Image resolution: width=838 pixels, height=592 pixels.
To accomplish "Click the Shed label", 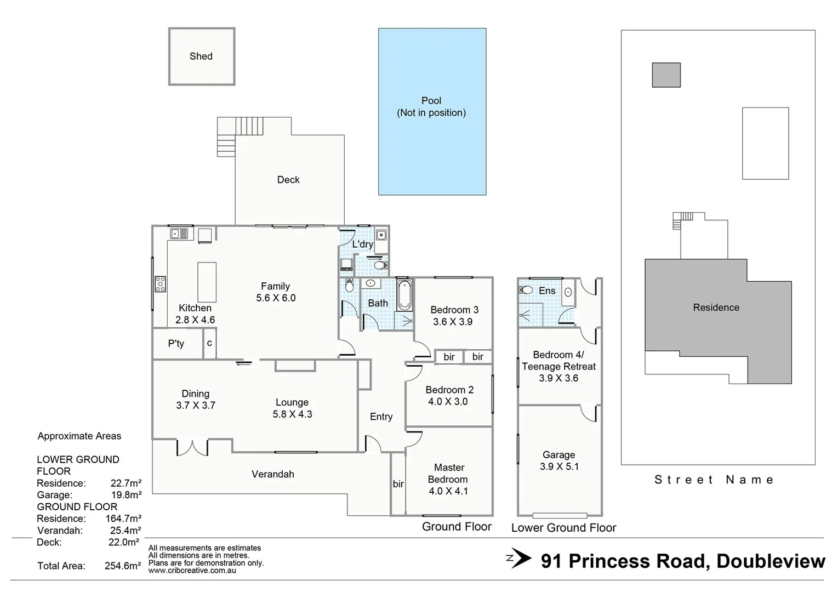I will tap(201, 56).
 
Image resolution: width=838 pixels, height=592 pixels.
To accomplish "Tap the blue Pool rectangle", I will tap(432, 148).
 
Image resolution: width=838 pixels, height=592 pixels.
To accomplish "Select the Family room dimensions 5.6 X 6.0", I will tap(276, 298).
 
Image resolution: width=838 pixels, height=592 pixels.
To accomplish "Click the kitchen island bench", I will tap(207, 282).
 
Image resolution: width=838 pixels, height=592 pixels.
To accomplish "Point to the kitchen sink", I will tap(179, 234).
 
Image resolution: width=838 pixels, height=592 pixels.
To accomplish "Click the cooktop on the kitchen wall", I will tap(161, 284).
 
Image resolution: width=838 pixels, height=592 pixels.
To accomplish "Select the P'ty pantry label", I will tap(176, 344).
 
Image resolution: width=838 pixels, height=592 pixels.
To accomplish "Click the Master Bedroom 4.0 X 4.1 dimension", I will tap(448, 491).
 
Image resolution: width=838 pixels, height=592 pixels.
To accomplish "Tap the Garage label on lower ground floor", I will tap(558, 454).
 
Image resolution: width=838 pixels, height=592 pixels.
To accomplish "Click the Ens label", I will tap(547, 291).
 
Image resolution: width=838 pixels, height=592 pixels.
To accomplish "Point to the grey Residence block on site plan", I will tap(716, 308).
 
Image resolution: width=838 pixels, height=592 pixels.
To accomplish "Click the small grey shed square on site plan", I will tap(666, 75).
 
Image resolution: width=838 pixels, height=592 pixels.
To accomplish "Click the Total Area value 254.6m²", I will tap(123, 566).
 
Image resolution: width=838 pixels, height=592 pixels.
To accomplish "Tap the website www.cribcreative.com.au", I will tap(192, 570).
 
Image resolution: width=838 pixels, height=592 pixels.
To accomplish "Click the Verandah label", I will tap(272, 474).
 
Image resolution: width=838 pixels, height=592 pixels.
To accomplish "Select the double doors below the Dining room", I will tap(192, 447).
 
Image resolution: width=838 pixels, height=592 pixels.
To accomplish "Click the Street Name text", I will tap(714, 480).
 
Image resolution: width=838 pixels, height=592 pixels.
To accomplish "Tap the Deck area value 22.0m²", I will tap(123, 542).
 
